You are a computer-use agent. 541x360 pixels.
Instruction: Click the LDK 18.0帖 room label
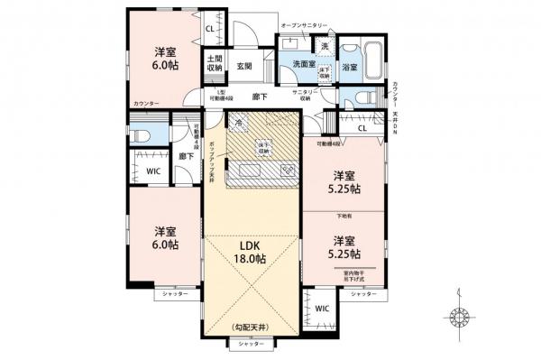pos(252,251)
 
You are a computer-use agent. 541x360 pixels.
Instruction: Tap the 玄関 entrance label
pos(244,66)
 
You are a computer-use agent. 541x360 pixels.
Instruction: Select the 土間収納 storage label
pos(215,62)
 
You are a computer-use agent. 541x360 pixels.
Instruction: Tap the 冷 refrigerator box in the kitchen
pos(238,124)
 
